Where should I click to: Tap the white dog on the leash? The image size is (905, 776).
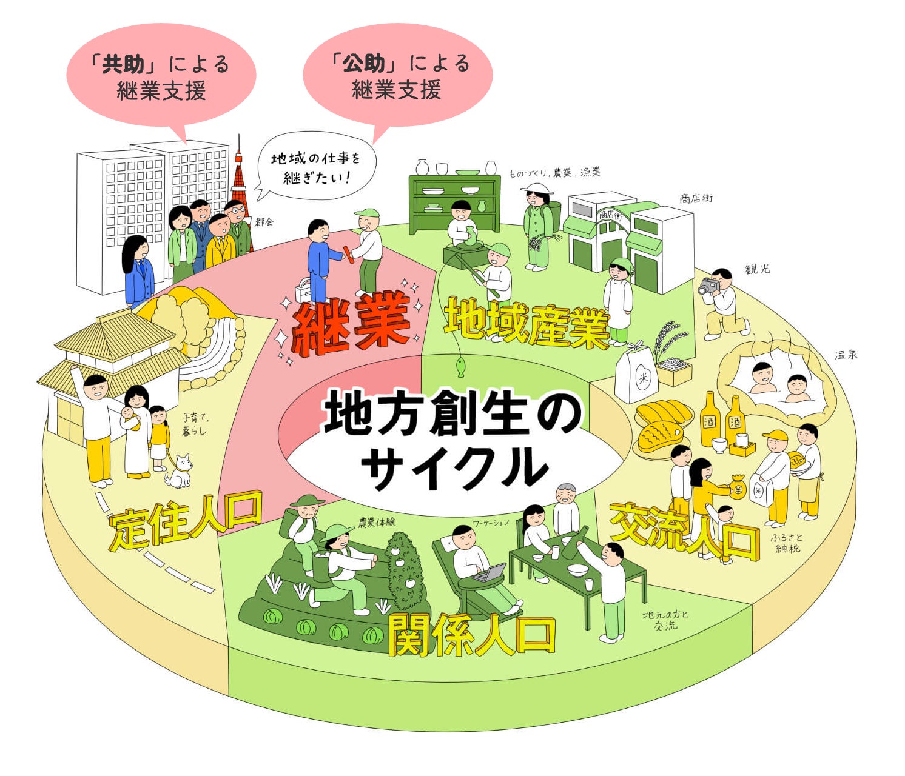pyautogui.click(x=180, y=472)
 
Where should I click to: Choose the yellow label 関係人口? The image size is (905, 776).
pyautogui.click(x=471, y=636)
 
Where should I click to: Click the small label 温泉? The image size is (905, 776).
pyautogui.click(x=846, y=355)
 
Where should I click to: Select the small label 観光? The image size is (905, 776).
pyautogui.click(x=758, y=269)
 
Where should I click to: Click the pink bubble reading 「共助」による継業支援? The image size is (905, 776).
pyautogui.click(x=161, y=76)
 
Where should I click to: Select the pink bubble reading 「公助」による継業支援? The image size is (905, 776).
pyautogui.click(x=397, y=75)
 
